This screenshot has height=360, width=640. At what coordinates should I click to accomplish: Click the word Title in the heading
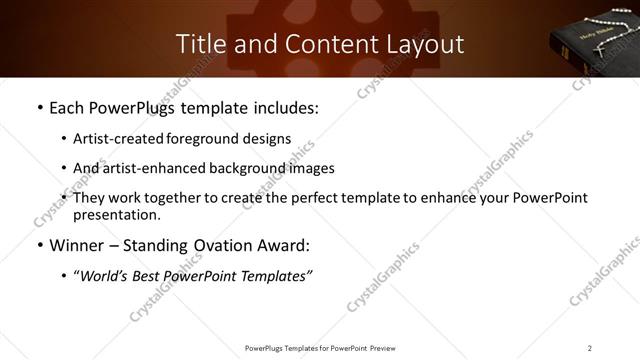pos(199,44)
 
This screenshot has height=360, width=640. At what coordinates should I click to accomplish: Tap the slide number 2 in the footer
pos(589,348)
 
